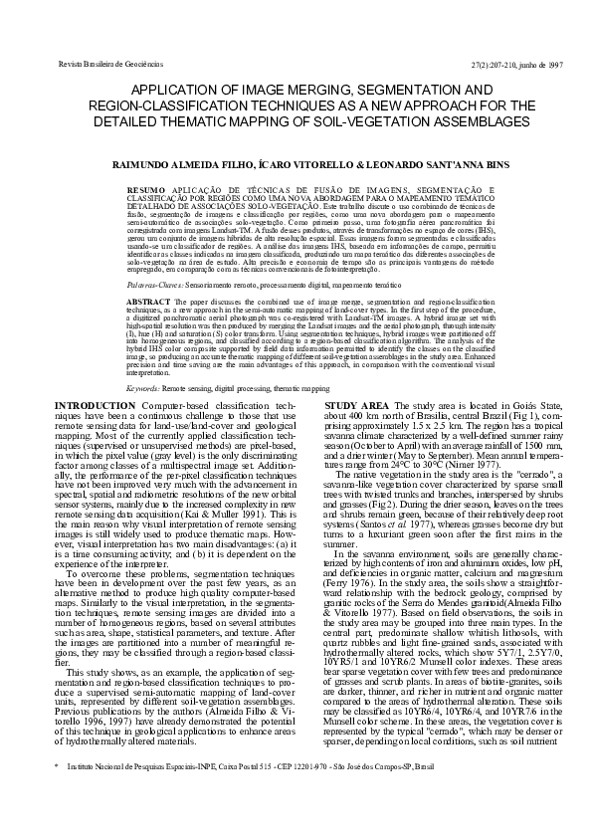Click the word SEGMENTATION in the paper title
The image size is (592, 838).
pos(395,90)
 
